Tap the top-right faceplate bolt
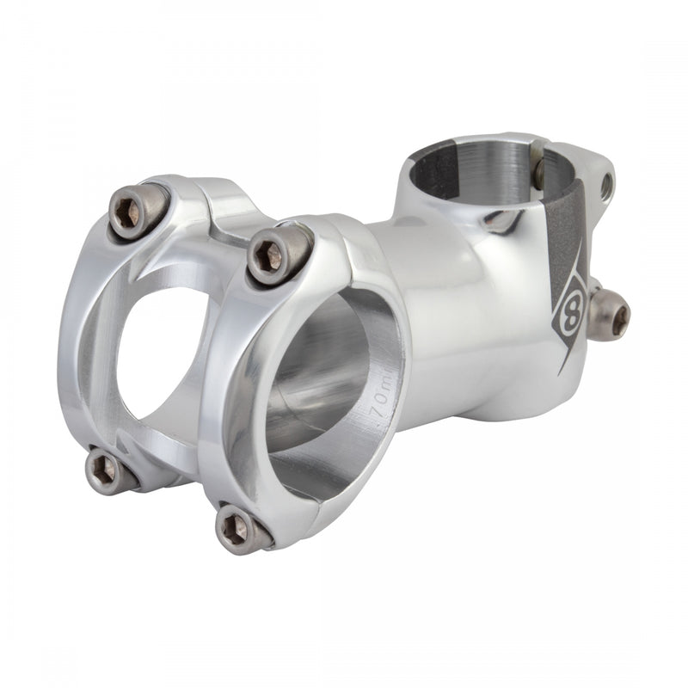tap(279, 254)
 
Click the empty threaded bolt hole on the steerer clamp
tap(607, 184)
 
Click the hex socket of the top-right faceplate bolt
tap(272, 255)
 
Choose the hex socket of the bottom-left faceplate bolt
tap(104, 470)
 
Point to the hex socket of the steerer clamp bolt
tap(617, 318)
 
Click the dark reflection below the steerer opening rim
tap(502, 222)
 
